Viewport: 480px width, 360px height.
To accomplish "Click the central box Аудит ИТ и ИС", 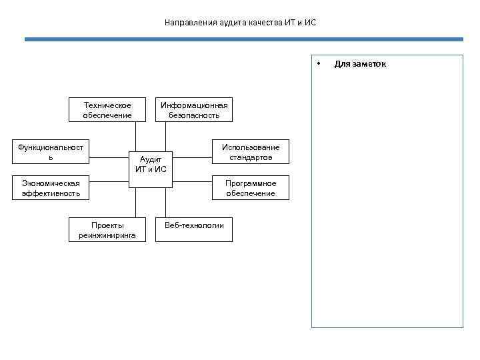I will click(151, 164).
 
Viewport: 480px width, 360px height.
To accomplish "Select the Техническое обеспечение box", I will click(107, 110).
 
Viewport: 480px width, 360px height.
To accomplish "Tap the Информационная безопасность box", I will click(194, 110).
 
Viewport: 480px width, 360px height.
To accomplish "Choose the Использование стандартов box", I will click(251, 152).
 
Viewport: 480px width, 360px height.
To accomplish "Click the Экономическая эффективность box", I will click(51, 188).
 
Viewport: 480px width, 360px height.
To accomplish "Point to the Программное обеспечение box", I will click(251, 188).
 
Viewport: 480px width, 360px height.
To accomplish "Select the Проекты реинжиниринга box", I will click(107, 230).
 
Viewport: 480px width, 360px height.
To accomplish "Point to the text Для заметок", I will click(360, 64).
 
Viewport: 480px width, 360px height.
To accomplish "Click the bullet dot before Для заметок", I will click(319, 64).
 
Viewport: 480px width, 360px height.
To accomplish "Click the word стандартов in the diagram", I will click(251, 157).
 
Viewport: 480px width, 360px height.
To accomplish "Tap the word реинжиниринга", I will click(107, 235).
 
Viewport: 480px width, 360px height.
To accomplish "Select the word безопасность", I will click(194, 115).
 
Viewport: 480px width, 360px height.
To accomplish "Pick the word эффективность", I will click(51, 193).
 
